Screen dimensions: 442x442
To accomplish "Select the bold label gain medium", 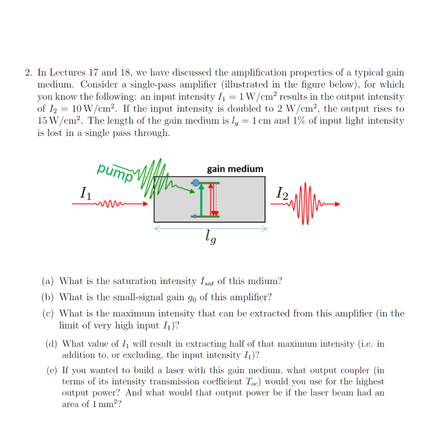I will [235, 169].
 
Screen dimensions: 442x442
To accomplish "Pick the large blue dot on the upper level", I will [196, 183].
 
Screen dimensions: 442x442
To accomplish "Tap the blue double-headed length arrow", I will [210, 229].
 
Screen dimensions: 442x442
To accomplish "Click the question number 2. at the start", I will [29, 73].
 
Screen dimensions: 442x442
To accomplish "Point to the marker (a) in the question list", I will [50, 281].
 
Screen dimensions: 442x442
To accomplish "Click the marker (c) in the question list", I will [50, 313].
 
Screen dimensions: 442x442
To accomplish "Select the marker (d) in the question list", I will [52, 344].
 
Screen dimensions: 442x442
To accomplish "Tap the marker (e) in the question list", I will [52, 371].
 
